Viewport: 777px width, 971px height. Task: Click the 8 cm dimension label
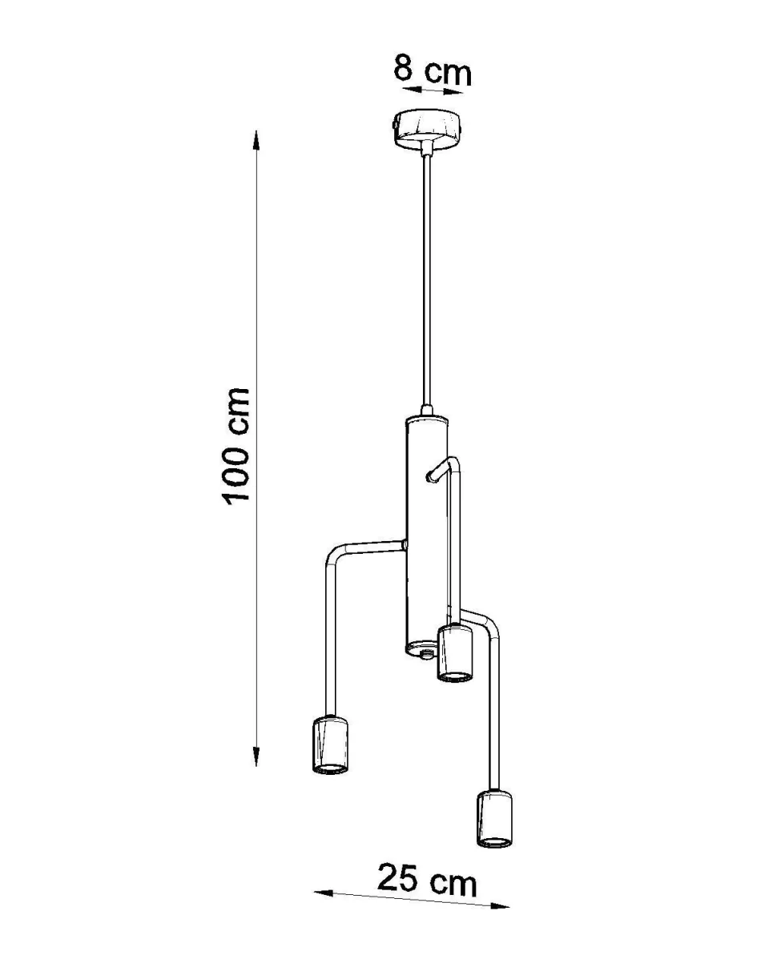(432, 70)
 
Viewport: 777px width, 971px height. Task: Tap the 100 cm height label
(236, 445)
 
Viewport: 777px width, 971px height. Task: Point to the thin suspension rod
(427, 279)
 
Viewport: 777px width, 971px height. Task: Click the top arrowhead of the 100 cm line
(256, 140)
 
